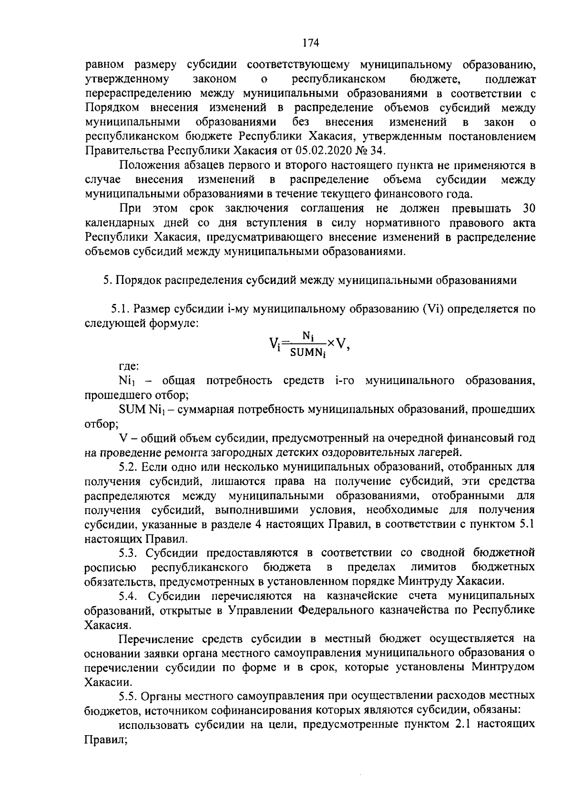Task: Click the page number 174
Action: pyautogui.click(x=310, y=43)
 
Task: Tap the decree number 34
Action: pyautogui.click(x=377, y=151)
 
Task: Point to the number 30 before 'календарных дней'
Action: pyautogui.click(x=529, y=208)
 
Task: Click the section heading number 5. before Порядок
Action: pyautogui.click(x=108, y=280)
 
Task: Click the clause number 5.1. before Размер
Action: pyautogui.click(x=121, y=309)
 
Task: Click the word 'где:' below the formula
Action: pyautogui.click(x=129, y=366)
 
